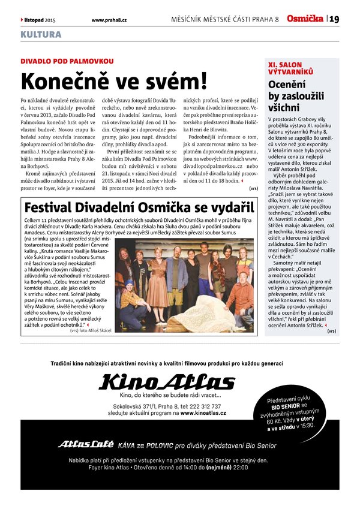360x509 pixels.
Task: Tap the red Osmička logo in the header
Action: coord(305,19)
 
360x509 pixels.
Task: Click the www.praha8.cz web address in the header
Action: coord(109,20)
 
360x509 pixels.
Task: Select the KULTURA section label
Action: coord(41,35)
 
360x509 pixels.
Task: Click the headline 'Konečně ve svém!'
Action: coord(114,81)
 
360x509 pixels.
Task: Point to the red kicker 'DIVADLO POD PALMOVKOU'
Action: coord(67,62)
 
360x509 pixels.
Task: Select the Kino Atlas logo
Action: coord(167,381)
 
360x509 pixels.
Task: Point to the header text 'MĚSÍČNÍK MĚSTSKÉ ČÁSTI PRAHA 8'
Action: coord(225,20)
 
